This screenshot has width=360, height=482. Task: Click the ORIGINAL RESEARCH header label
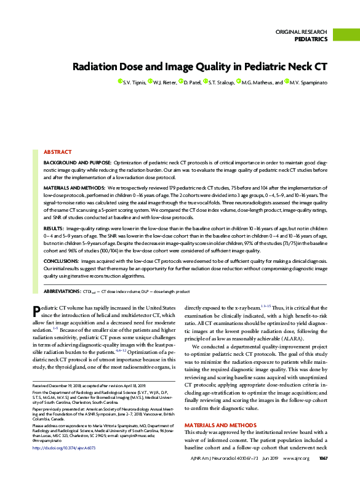(x=301, y=31)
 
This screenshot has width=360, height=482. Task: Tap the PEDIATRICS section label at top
(x=311, y=39)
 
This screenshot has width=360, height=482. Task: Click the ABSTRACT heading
(x=57, y=151)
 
